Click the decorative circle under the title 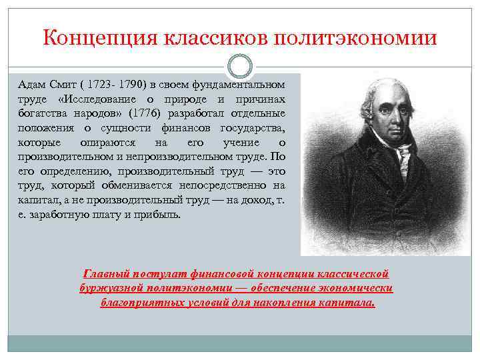[240, 65]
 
